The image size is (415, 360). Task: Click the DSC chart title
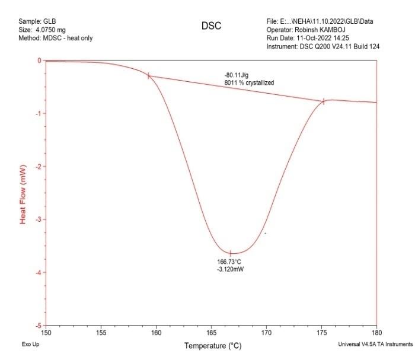click(211, 27)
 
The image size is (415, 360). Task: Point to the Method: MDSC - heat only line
click(56, 38)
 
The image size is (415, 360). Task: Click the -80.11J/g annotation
click(237, 75)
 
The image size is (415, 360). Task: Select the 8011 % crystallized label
click(249, 83)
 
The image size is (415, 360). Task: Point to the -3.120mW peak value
click(231, 269)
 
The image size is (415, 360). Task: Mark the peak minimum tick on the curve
click(231, 253)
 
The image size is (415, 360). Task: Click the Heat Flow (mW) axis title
click(24, 194)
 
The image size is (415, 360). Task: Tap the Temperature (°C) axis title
click(213, 346)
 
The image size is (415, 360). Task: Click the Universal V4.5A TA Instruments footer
click(375, 345)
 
